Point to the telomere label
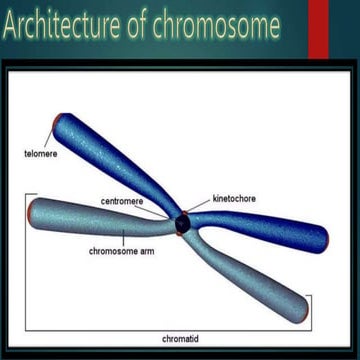click(x=41, y=154)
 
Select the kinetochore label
click(x=234, y=199)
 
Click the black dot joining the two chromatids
click(x=181, y=223)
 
